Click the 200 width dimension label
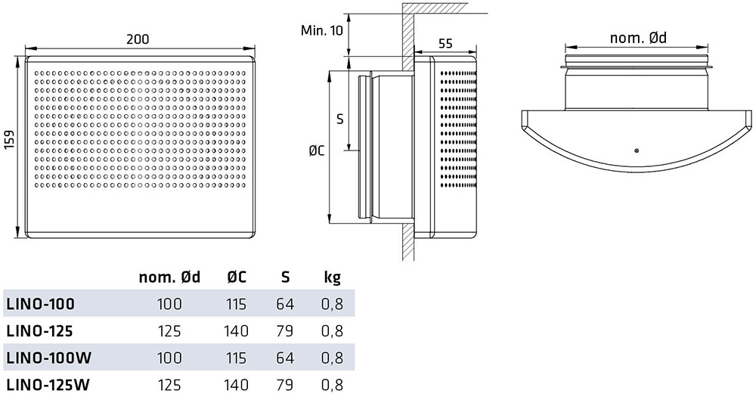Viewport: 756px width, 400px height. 138,39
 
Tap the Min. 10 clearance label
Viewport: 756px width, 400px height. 321,30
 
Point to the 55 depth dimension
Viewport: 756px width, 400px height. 446,43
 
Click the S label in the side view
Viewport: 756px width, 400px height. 340,119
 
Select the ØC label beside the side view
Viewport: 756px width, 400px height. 316,151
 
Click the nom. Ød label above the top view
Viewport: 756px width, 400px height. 638,38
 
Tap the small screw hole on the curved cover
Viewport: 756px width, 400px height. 637,151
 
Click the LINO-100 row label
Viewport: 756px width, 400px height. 41,304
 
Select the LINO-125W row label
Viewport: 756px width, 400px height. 48,385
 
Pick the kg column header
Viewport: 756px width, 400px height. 332,278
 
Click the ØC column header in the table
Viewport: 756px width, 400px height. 236,277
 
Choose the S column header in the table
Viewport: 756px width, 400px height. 286,277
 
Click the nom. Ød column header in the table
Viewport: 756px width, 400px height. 169,278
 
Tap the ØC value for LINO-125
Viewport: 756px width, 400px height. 236,331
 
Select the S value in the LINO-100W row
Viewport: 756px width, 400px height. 285,358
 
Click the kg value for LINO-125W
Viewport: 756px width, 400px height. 332,385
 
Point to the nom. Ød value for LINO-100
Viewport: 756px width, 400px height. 169,304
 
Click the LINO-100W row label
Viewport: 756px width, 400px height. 48,358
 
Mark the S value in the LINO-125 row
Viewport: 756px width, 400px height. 285,331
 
